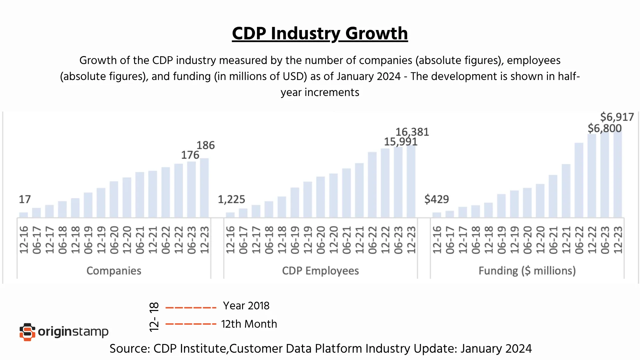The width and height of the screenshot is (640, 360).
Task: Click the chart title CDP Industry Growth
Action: (x=320, y=33)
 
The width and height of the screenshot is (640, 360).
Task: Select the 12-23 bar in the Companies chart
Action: (x=204, y=188)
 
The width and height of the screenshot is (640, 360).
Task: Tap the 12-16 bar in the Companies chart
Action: (x=24, y=215)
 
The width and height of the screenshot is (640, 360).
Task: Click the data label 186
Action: (x=205, y=145)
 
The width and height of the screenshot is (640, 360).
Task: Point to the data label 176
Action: (x=190, y=155)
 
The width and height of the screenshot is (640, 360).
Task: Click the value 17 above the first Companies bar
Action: (x=25, y=199)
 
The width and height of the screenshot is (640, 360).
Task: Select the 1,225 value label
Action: (x=231, y=199)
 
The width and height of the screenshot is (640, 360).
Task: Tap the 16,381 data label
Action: (x=412, y=132)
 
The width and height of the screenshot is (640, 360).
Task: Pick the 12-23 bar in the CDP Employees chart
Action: (x=411, y=182)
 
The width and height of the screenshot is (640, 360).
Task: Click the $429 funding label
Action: (x=436, y=199)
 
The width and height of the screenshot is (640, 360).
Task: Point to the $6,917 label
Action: (x=617, y=117)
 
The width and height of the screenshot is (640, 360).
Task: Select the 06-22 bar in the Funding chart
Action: (x=579, y=180)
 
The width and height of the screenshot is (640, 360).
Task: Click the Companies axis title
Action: (x=114, y=271)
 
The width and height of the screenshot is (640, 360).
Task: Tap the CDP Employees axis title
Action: (x=320, y=271)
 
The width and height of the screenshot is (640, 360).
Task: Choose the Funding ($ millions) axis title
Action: (x=527, y=271)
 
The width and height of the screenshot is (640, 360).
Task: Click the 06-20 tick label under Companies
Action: (x=114, y=240)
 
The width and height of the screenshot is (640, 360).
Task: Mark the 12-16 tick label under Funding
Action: (x=437, y=240)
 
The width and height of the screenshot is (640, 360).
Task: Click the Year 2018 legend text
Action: (x=246, y=306)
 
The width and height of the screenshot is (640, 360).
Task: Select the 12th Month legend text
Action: (x=249, y=324)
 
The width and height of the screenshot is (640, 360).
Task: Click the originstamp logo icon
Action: (x=27, y=332)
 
